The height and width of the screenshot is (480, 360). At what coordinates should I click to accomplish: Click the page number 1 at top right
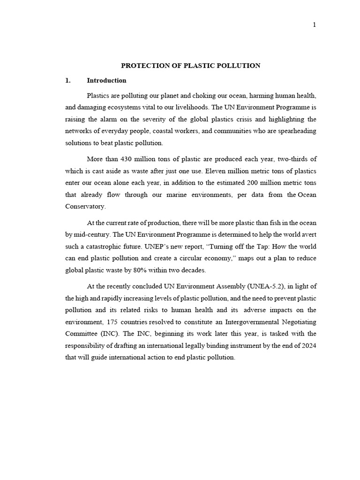315,25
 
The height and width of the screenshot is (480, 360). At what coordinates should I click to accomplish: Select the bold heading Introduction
106,80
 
